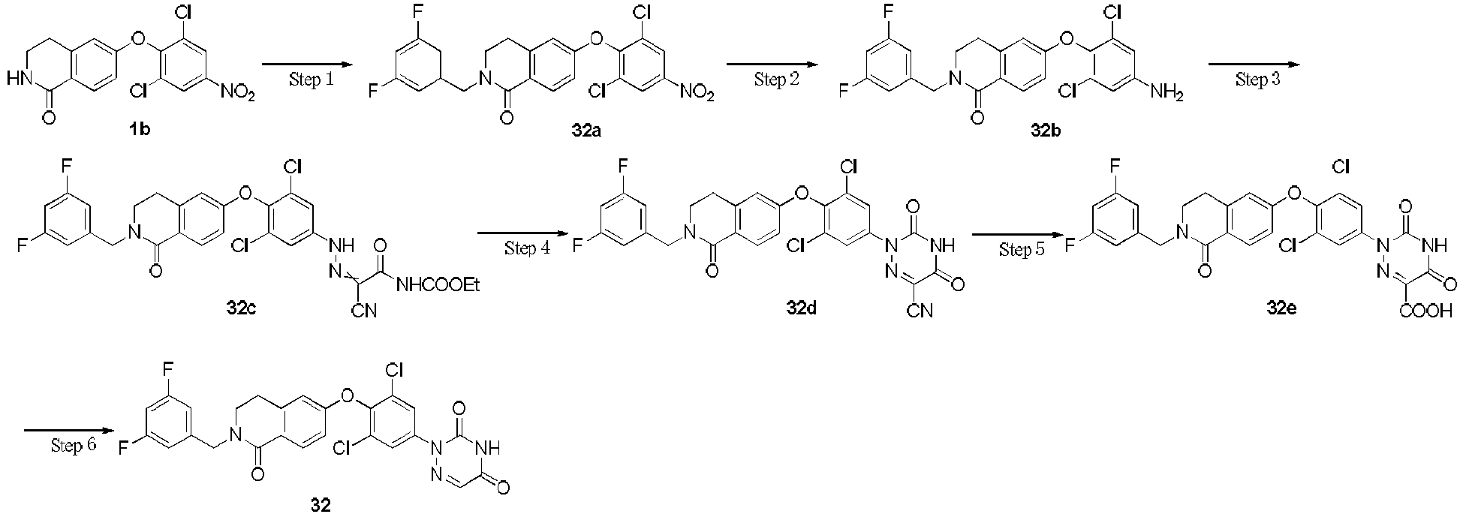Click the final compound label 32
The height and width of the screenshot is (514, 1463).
(x=321, y=503)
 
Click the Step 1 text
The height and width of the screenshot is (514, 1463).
(x=310, y=80)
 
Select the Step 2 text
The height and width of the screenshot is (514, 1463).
(x=776, y=80)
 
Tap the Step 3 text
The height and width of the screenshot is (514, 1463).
(x=1257, y=80)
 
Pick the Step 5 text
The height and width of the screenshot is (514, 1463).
(x=1021, y=249)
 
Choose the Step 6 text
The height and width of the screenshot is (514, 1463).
(x=74, y=446)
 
